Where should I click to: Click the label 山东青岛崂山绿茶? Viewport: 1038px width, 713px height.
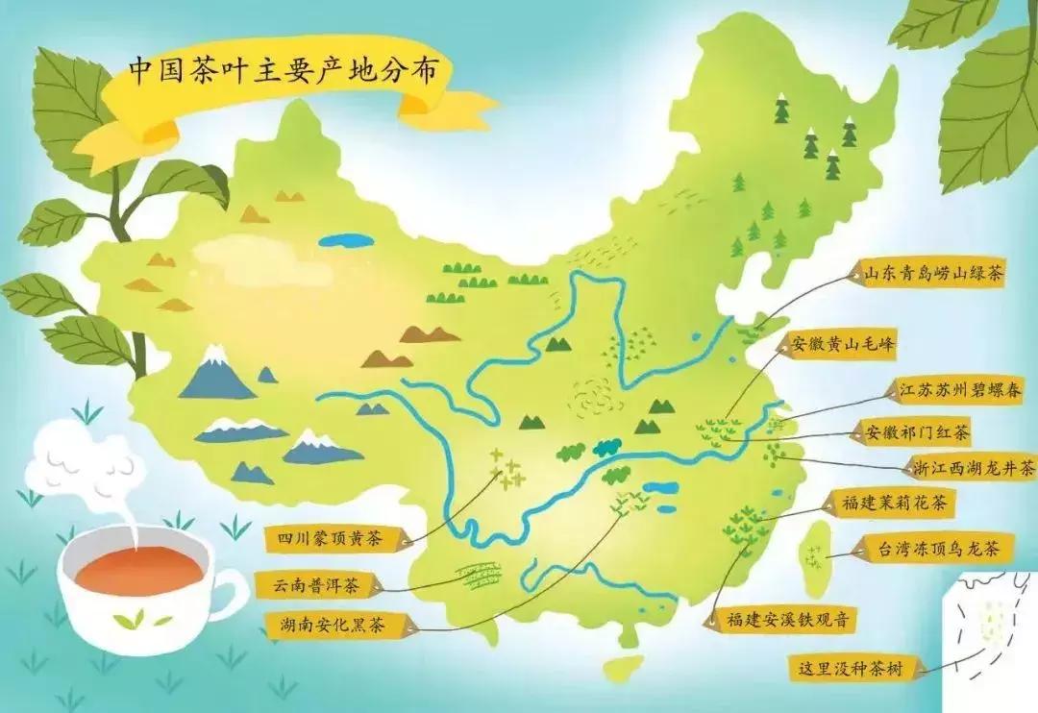932,274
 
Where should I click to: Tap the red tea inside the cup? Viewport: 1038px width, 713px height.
138,572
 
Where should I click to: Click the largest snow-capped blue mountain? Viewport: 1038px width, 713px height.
215,375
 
